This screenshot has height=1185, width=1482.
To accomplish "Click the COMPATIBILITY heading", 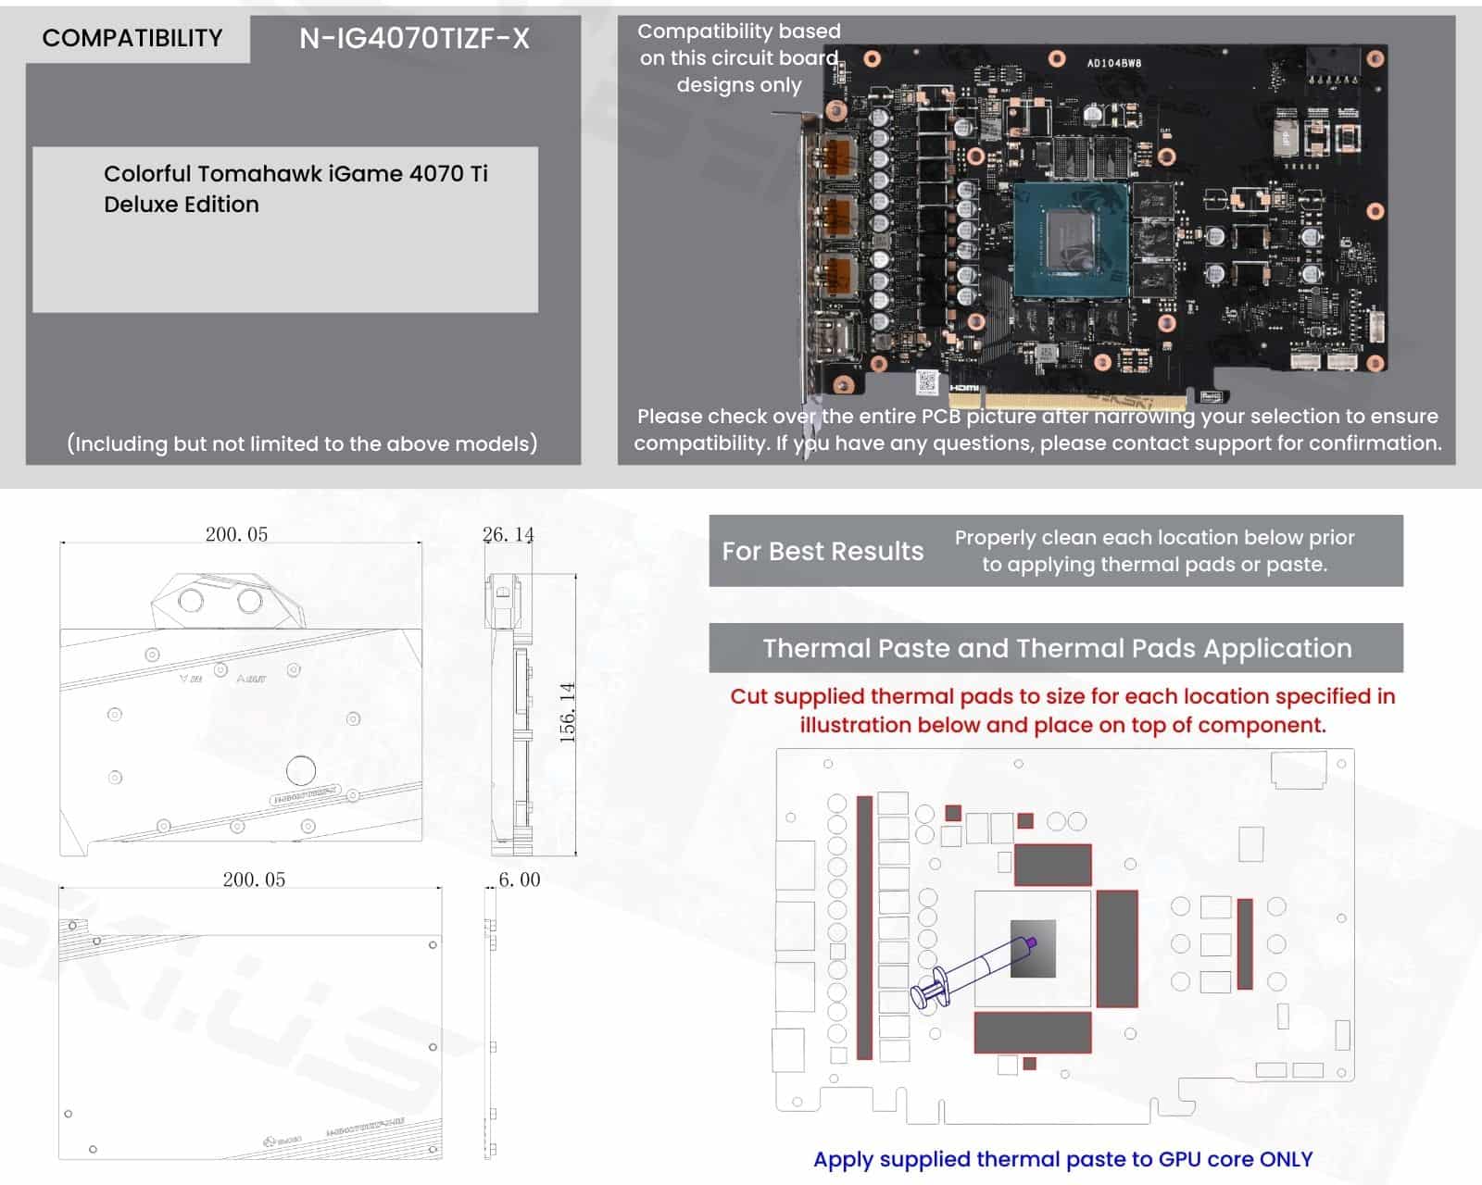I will (x=132, y=38).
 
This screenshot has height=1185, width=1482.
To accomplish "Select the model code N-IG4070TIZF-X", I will (x=414, y=38).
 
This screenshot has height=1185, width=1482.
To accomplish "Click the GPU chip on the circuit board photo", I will (x=1071, y=239).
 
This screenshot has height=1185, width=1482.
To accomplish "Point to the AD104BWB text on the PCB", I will (x=1113, y=64).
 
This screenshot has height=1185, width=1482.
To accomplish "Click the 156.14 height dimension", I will (x=568, y=712).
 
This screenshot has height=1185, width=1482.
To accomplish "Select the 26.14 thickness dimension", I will (x=508, y=534).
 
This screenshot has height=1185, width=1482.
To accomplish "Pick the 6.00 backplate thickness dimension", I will (x=519, y=879).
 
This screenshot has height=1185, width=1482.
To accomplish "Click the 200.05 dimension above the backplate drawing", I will (x=254, y=879).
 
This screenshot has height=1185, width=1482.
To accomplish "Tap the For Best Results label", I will (x=823, y=551).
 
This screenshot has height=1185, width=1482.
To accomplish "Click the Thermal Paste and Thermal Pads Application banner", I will (x=1056, y=648).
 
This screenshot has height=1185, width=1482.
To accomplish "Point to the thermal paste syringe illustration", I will (x=973, y=971).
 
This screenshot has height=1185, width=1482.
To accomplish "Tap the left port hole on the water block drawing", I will (x=191, y=601).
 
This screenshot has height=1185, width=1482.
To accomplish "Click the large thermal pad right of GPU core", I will (x=1116, y=949).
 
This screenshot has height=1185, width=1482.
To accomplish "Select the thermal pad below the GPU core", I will (x=1032, y=1032).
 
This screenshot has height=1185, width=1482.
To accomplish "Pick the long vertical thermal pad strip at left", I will (x=864, y=926).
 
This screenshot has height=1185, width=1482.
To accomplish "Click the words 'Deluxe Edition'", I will (x=182, y=205).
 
